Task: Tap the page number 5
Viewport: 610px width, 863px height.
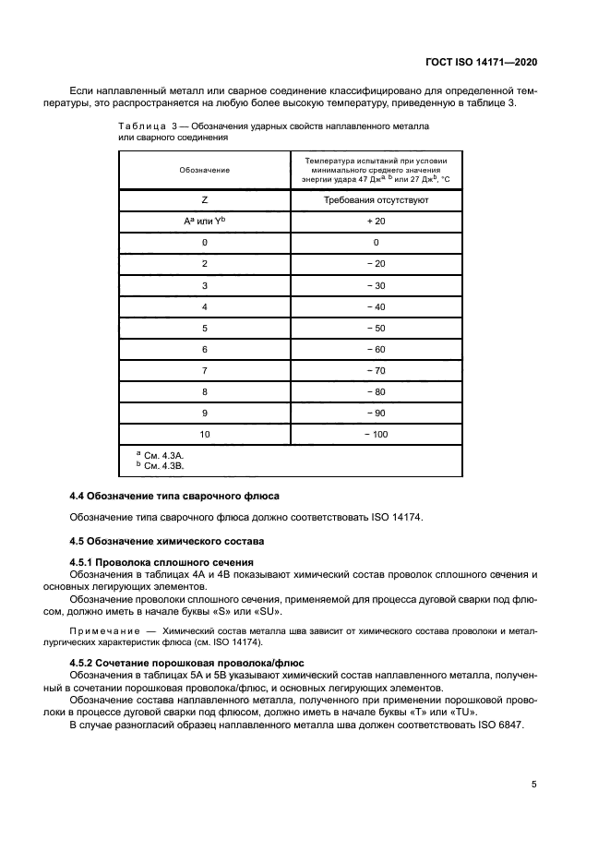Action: [534, 785]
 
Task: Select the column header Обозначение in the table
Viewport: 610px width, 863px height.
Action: [204, 171]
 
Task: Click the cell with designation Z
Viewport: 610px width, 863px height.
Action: [204, 199]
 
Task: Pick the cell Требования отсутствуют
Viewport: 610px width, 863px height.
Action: [377, 199]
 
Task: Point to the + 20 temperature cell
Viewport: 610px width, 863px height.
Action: [377, 222]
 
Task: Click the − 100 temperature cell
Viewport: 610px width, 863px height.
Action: [377, 433]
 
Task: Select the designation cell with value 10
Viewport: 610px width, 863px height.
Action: [204, 433]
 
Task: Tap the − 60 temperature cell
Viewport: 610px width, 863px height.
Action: [377, 349]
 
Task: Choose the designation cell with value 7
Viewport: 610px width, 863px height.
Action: [204, 370]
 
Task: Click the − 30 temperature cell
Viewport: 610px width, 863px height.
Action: [377, 285]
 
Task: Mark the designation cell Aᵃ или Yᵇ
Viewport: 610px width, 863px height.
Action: [204, 222]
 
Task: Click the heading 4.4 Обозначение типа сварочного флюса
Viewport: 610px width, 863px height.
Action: [174, 497]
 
